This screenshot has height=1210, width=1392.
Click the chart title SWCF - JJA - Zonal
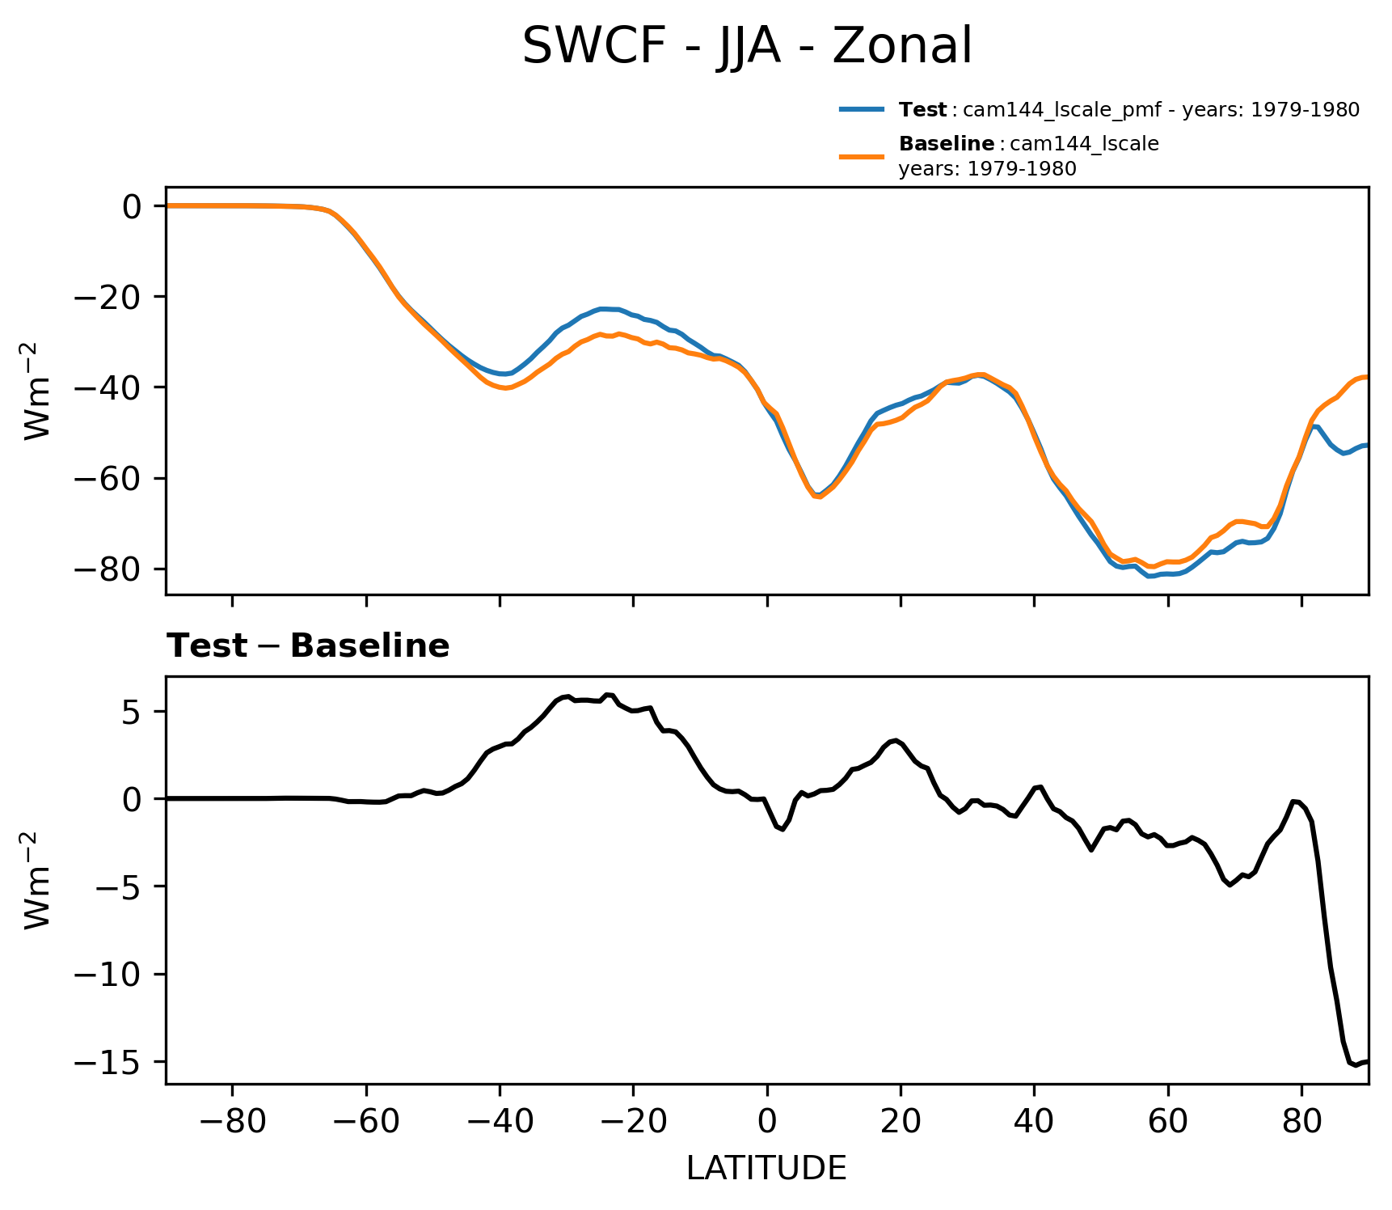[x=747, y=46]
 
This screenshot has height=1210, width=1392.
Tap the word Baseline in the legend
[x=947, y=144]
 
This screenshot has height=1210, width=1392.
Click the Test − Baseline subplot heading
[x=308, y=646]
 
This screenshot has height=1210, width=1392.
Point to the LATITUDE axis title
[x=766, y=1169]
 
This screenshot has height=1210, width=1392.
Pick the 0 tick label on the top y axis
[x=132, y=206]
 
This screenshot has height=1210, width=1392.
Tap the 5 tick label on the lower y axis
[x=132, y=712]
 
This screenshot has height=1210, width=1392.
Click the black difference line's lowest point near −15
[x=1356, y=1066]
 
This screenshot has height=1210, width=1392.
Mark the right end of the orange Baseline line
[x=1367, y=377]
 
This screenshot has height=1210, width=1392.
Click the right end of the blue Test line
[x=1367, y=446]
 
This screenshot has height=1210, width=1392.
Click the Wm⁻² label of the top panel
[x=38, y=391]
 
